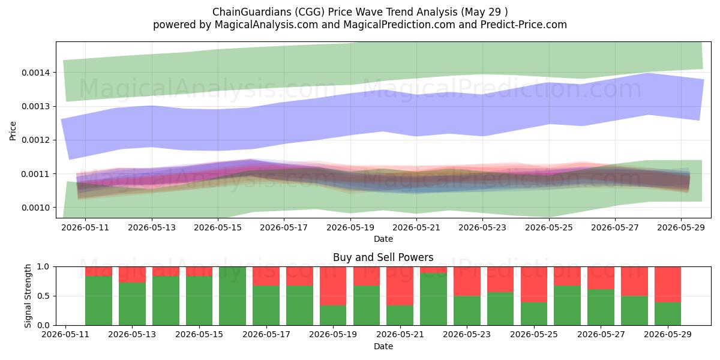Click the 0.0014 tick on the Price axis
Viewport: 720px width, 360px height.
tap(35, 73)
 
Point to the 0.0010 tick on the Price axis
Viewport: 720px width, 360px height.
tap(35, 208)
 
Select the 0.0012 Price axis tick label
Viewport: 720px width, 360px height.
tap(35, 140)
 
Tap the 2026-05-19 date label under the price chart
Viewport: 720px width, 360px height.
tap(350, 227)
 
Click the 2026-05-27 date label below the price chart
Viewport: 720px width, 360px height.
tap(615, 227)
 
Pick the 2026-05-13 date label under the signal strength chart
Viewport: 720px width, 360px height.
tap(132, 334)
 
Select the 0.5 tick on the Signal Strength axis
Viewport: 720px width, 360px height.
tap(43, 296)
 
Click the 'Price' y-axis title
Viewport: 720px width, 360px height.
tap(13, 131)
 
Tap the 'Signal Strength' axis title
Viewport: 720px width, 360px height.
tap(28, 296)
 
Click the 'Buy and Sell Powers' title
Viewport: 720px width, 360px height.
tap(383, 257)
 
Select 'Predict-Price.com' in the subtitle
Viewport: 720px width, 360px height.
tap(524, 25)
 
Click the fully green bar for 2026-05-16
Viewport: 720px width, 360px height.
tap(232, 296)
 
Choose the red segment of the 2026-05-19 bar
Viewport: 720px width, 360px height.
tap(333, 286)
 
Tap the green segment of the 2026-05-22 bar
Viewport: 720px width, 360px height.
tap(433, 299)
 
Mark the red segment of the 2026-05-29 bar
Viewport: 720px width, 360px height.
tap(668, 284)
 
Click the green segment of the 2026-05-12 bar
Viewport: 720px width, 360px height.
tap(98, 301)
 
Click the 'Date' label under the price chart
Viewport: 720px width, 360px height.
tap(383, 239)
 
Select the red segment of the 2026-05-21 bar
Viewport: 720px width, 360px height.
tap(400, 286)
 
